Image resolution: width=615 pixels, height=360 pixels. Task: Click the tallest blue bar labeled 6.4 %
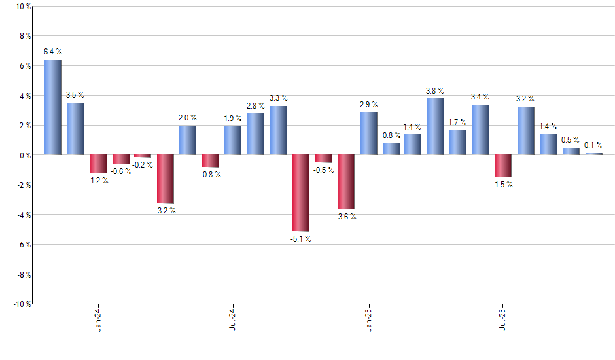[53, 107]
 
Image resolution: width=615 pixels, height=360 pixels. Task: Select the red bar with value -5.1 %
[300, 193]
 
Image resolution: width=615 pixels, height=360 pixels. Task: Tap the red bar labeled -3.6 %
[345, 182]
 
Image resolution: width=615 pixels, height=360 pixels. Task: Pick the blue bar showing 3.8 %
[435, 126]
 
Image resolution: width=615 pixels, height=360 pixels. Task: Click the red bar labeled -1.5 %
[502, 166]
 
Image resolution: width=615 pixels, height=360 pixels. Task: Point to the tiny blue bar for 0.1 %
[593, 154]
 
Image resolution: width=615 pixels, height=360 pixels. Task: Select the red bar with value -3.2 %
[165, 179]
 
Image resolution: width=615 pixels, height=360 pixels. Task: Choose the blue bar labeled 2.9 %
[368, 134]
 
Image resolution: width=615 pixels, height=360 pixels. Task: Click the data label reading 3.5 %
[75, 95]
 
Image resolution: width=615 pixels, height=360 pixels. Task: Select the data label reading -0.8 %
[210, 175]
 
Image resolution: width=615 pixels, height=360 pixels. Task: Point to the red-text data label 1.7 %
[457, 122]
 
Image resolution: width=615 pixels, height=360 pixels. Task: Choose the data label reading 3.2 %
[525, 99]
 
